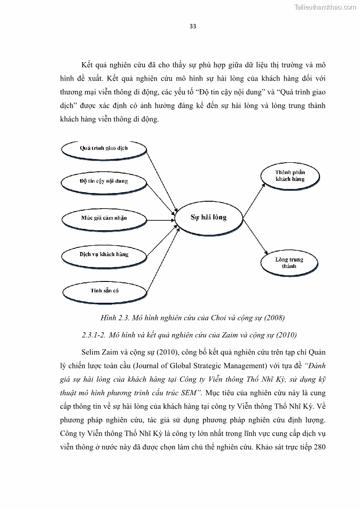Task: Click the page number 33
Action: click(x=193, y=26)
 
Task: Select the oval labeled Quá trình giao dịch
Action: click(x=104, y=149)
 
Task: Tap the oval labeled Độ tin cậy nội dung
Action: click(x=104, y=181)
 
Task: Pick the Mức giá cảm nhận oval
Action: click(x=104, y=218)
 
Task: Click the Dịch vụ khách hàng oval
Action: click(x=104, y=254)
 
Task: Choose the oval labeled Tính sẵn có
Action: click(x=104, y=290)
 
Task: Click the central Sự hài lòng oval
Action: click(x=208, y=218)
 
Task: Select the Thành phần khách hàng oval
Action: click(x=290, y=176)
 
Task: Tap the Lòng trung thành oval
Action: click(x=289, y=263)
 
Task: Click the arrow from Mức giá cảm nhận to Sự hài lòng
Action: click(x=161, y=220)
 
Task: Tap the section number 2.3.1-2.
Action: click(x=94, y=335)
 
